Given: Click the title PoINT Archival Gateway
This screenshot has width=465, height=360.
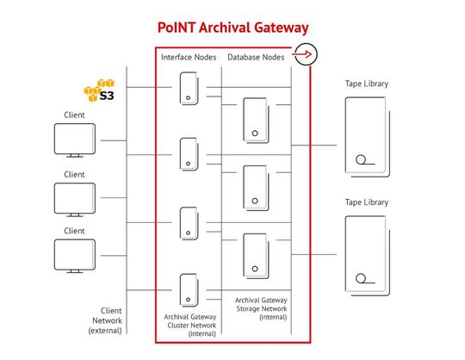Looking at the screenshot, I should pyautogui.click(x=232, y=28).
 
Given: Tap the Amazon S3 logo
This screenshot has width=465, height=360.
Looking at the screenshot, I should pyautogui.click(x=100, y=89).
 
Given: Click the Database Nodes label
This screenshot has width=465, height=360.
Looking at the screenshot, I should pyautogui.click(x=255, y=57).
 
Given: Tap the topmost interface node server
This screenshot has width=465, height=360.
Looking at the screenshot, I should pyautogui.click(x=189, y=90).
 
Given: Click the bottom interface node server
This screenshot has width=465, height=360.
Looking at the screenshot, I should pyautogui.click(x=189, y=290).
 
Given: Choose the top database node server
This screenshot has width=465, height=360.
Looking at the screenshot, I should pyautogui.click(x=255, y=120).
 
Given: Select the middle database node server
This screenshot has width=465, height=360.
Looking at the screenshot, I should pyautogui.click(x=255, y=187).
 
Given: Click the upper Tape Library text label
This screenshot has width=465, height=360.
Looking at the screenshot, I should pyautogui.click(x=368, y=84).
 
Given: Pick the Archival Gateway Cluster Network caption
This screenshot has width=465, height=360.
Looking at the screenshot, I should pyautogui.click(x=189, y=326).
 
